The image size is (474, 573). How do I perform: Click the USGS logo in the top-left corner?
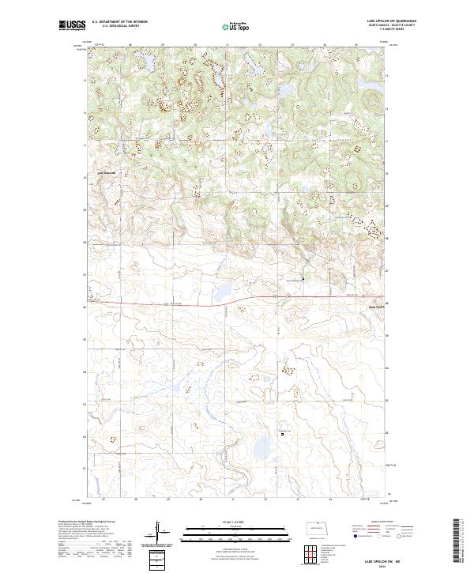[x=73, y=25]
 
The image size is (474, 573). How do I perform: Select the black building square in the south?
[x=282, y=432]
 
